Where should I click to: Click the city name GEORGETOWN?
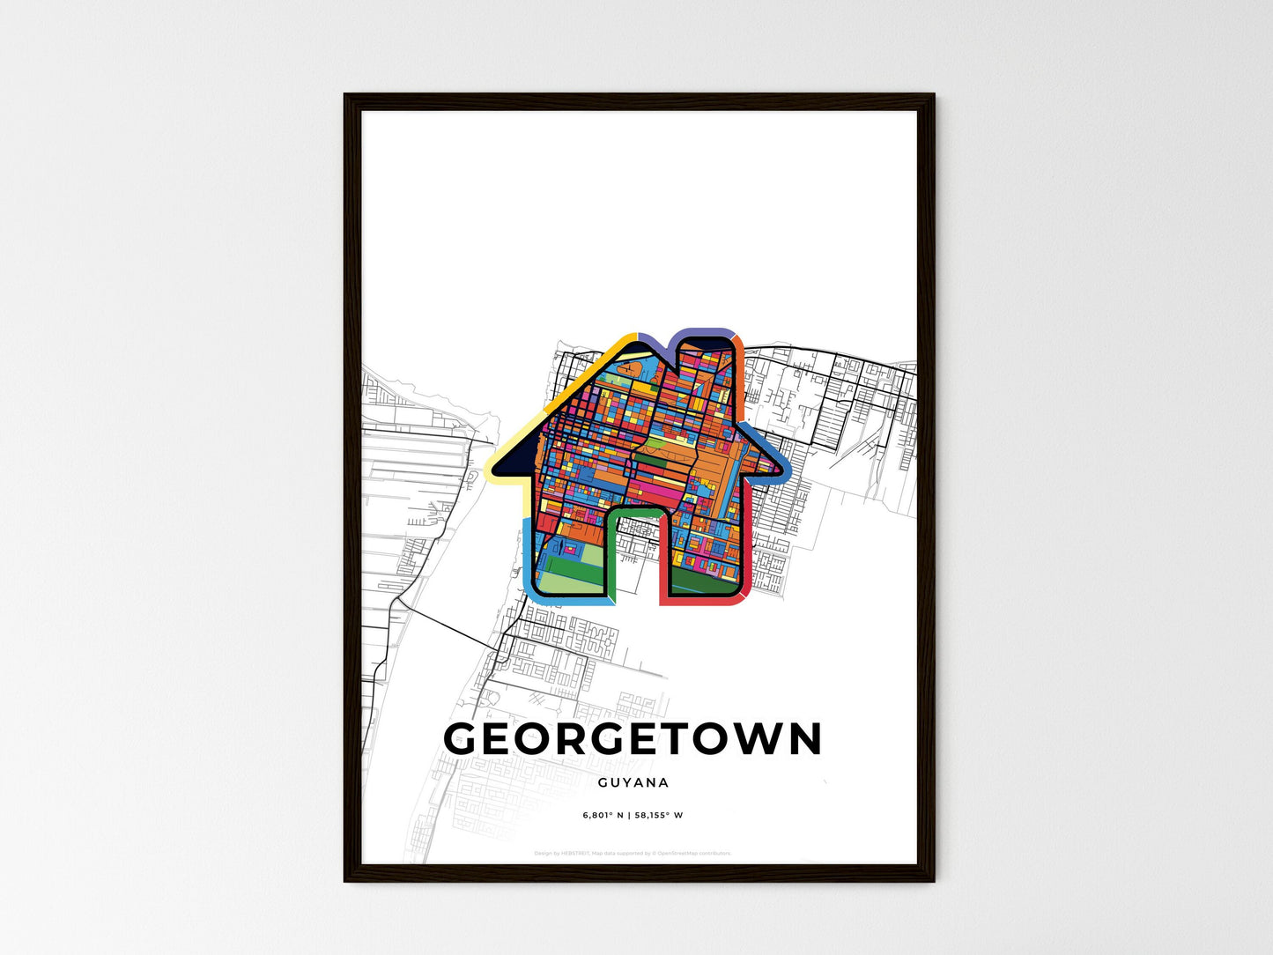tap(633, 739)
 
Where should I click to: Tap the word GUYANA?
tap(633, 782)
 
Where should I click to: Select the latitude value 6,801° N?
tap(603, 815)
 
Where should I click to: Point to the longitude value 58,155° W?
tap(658, 815)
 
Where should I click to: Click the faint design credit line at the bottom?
tap(633, 853)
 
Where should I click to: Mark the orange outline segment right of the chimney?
tap(740, 370)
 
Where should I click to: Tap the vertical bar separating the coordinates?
tap(629, 815)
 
